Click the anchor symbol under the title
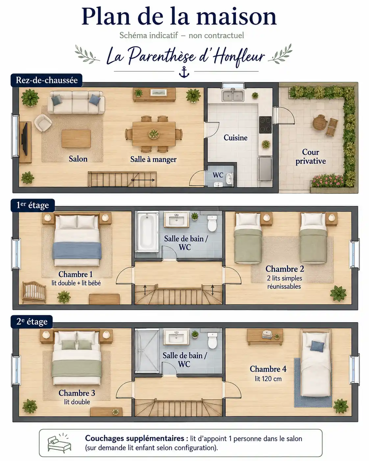pyautogui.click(x=184, y=72)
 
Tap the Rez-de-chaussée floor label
pyautogui.click(x=46, y=80)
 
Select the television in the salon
pyautogui.click(x=24, y=139)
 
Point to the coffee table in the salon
pyautogui.click(x=76, y=138)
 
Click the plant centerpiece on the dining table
pyautogui.click(x=154, y=134)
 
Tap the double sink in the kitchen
pyautogui.click(x=233, y=96)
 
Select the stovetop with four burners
pyautogui.click(x=265, y=125)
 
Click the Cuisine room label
pyautogui.click(x=235, y=137)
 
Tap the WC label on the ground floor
pyautogui.click(x=218, y=175)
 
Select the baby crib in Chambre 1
pyautogui.click(x=34, y=292)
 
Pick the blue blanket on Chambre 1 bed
pyautogui.click(x=77, y=251)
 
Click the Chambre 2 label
pyautogui.click(x=284, y=269)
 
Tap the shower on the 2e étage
pyautogui.click(x=147, y=351)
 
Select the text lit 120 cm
pyautogui.click(x=268, y=378)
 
